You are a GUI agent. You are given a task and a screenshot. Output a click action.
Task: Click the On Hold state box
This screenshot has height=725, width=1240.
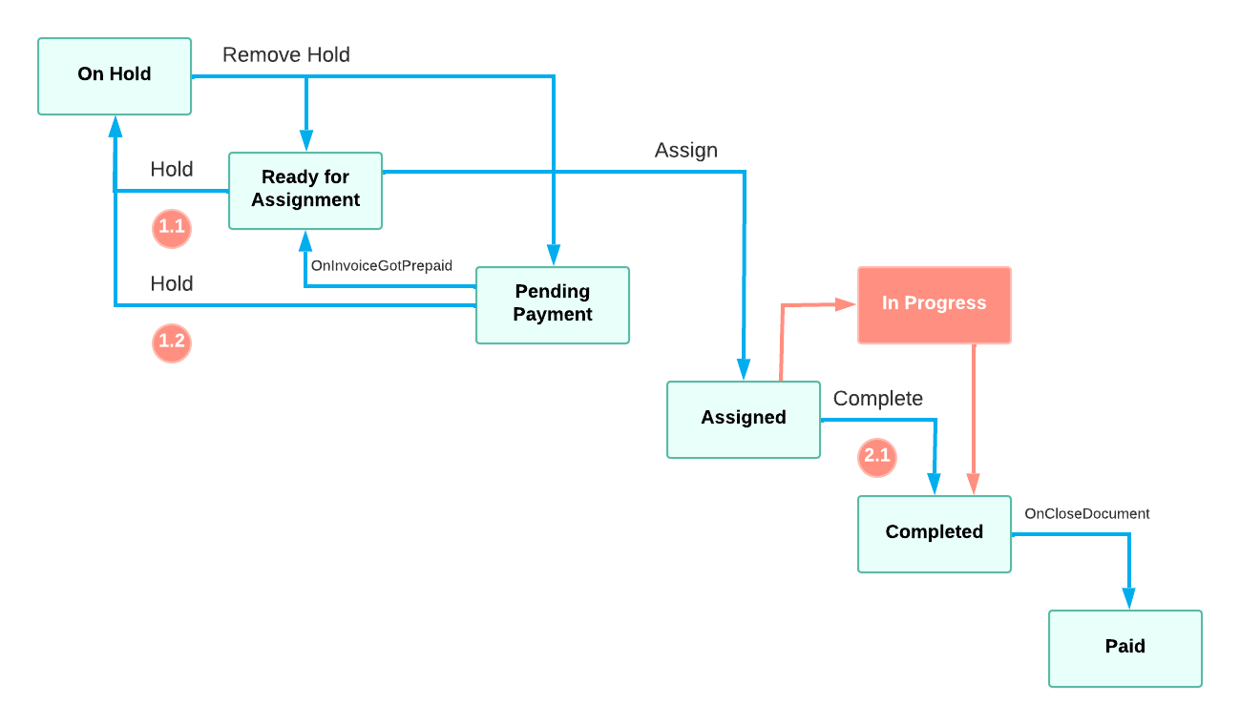(x=115, y=76)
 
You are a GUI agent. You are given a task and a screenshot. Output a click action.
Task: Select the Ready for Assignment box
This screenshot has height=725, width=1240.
(x=305, y=190)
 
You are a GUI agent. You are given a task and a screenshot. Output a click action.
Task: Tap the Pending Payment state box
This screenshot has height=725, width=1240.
(x=553, y=304)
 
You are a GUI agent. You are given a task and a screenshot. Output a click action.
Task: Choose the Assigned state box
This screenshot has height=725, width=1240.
(x=743, y=419)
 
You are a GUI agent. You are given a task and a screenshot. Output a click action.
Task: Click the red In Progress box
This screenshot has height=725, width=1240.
(x=934, y=304)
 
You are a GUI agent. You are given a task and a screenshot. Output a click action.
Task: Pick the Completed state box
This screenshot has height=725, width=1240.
(x=934, y=533)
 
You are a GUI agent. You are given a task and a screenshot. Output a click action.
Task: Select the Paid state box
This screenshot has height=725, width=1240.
(x=1124, y=648)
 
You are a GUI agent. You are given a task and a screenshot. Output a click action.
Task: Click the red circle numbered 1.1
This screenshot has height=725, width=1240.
(x=172, y=228)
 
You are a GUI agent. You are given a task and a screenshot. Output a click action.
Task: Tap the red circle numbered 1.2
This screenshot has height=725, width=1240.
(x=172, y=343)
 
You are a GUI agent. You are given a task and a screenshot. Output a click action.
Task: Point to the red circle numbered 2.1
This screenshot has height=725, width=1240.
(x=876, y=456)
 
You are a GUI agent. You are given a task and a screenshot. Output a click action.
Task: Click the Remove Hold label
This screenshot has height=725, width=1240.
(x=286, y=55)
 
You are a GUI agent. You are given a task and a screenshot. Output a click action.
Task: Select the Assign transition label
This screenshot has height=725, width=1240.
(x=686, y=151)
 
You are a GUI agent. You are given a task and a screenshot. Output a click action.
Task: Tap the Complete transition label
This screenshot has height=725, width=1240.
(x=878, y=399)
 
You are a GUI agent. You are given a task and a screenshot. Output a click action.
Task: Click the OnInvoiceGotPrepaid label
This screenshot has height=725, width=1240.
(x=382, y=266)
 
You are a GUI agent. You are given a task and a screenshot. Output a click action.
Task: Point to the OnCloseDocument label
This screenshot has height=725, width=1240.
(x=1086, y=514)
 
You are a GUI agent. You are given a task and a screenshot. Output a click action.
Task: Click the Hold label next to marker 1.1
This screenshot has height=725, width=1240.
(x=172, y=170)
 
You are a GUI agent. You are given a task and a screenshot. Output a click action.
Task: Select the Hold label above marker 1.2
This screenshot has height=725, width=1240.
(x=172, y=284)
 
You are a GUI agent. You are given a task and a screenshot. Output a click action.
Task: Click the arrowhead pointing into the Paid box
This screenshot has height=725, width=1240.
(x=1128, y=599)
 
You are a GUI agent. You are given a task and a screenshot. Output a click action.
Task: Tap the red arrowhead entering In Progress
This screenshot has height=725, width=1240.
(x=845, y=304)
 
